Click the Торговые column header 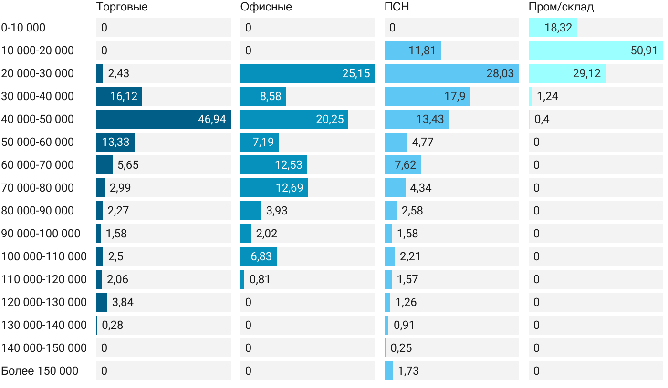coord(122,7)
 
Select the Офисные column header coord(266,7)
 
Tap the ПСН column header coord(397,7)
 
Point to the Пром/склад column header coord(561,7)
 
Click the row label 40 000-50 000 coord(38,119)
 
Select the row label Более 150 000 coord(40,371)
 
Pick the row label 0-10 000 coord(23,28)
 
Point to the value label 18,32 coord(558,28)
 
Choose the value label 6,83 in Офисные coord(261,256)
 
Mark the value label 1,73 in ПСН coord(408,371)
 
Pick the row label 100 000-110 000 coord(44,256)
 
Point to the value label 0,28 coord(113,325)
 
